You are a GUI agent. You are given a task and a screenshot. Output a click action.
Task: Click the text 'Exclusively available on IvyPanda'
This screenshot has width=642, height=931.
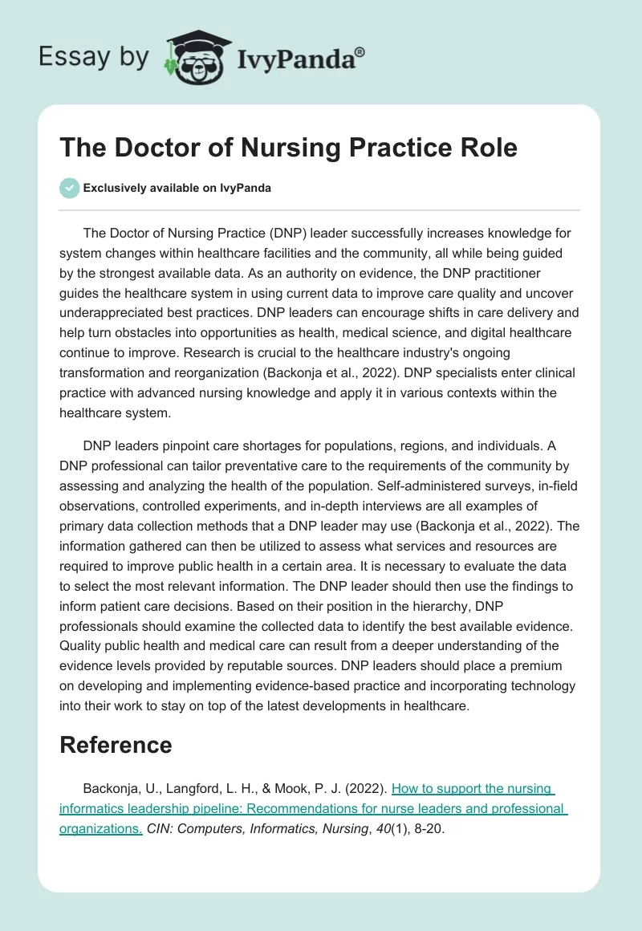pos(177,189)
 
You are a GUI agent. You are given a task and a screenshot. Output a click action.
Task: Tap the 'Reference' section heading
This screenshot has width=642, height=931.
pos(116,745)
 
